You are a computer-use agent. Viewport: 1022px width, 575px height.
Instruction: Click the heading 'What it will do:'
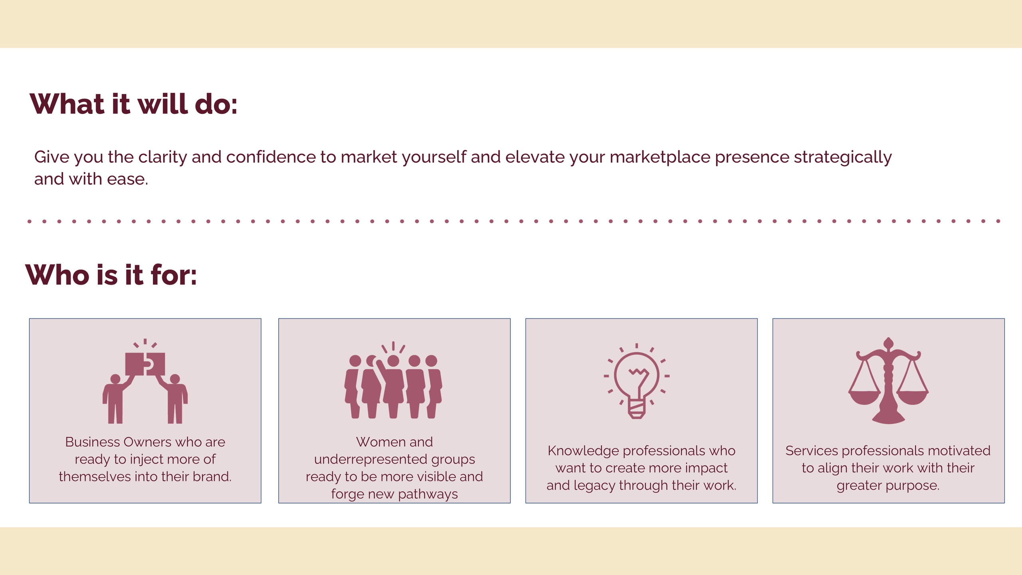(134, 104)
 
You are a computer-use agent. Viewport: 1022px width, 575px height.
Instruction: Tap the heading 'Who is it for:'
(111, 275)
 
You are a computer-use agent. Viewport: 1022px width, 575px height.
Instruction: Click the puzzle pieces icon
(145, 381)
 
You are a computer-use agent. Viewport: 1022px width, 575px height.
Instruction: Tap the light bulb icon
(637, 381)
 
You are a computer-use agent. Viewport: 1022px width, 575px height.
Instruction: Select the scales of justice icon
(889, 381)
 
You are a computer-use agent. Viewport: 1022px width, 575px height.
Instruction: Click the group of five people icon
(393, 380)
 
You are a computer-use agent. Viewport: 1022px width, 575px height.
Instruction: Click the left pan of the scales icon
(864, 398)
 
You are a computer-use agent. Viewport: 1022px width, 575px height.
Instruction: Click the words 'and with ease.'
(91, 179)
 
